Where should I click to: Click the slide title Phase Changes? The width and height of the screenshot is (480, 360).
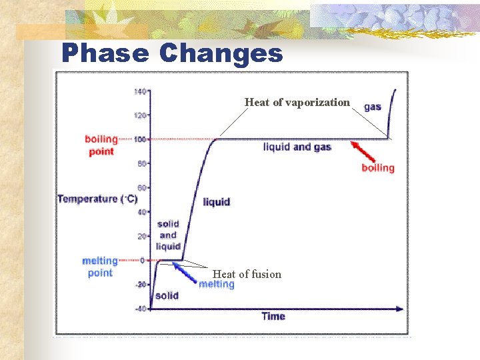click(x=172, y=53)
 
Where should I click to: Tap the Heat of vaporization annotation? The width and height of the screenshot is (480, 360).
click(x=297, y=102)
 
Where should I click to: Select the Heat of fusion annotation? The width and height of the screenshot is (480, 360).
click(x=247, y=274)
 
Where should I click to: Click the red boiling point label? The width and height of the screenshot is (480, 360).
click(x=101, y=145)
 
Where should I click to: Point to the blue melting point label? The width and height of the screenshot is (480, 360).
click(x=100, y=267)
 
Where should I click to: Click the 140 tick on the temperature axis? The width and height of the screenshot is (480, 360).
click(x=140, y=91)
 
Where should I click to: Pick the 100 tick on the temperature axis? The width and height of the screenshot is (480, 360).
click(x=140, y=139)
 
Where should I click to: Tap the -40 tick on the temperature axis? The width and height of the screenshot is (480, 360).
click(x=140, y=308)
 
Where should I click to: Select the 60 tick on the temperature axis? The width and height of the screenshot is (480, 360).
click(x=141, y=188)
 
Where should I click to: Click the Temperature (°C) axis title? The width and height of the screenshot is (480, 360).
click(x=97, y=199)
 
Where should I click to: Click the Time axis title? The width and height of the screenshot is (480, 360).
click(x=273, y=316)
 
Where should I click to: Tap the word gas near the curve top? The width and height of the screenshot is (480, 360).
click(x=373, y=107)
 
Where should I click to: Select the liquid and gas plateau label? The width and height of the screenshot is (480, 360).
click(x=297, y=147)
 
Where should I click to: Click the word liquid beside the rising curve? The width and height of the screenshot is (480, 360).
click(x=217, y=201)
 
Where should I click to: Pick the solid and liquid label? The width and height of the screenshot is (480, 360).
click(x=168, y=235)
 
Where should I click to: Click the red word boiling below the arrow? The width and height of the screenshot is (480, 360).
click(x=378, y=167)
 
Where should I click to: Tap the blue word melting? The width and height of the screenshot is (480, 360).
click(x=217, y=285)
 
